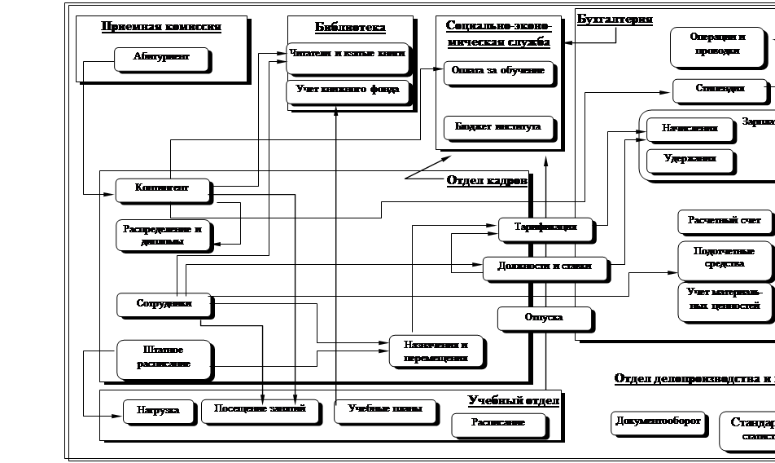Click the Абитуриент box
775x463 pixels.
coord(160,58)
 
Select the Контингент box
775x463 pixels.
coord(163,188)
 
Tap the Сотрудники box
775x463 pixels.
coord(164,304)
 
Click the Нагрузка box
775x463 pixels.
coord(159,410)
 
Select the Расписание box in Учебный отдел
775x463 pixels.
coord(498,423)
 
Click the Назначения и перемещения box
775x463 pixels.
coord(436,351)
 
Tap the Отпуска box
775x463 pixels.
coord(543,317)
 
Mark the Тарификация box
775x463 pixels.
coord(545,227)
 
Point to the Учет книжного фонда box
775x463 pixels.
coord(347,89)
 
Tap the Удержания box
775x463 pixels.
coord(689,159)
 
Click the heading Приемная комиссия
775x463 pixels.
coord(161,27)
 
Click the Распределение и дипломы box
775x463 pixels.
coord(164,235)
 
